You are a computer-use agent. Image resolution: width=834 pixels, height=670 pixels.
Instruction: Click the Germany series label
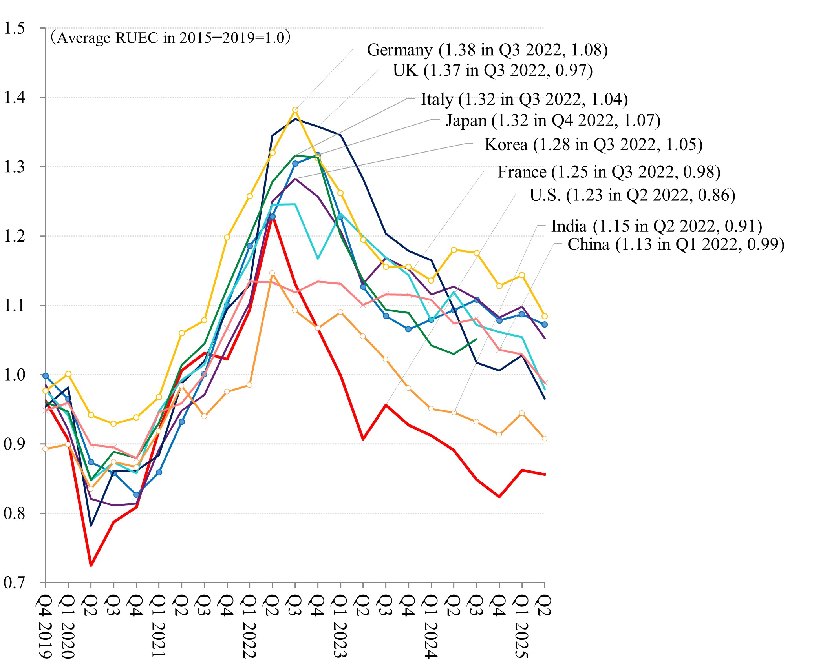(487, 50)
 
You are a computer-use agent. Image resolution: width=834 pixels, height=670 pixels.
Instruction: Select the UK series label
(492, 71)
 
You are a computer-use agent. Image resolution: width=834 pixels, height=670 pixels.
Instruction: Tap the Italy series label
(524, 99)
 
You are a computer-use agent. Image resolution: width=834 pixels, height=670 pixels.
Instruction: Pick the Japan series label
(553, 120)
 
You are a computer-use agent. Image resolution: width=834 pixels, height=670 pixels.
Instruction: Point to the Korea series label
(593, 145)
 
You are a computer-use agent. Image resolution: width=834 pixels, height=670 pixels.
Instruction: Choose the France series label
(609, 172)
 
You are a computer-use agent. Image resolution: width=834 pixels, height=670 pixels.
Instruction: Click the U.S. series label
(632, 195)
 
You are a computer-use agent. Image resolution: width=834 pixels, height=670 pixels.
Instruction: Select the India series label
(657, 226)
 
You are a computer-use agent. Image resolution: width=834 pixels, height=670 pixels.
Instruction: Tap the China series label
(676, 244)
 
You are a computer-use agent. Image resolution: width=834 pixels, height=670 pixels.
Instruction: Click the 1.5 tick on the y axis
(14, 28)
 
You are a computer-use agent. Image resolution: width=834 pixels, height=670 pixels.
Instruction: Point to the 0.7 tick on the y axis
(14, 583)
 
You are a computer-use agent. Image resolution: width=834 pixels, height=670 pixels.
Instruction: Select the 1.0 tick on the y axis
(14, 375)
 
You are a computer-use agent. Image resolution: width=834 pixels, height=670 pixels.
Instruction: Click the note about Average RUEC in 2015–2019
(170, 38)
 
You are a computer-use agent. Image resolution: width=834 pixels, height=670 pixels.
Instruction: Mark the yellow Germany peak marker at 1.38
(295, 110)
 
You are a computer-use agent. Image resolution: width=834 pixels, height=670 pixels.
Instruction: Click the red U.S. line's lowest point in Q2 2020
(91, 565)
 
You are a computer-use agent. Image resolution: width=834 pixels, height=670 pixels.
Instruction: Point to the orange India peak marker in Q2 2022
(272, 273)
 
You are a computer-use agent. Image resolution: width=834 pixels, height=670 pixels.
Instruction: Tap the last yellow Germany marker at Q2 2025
(545, 316)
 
